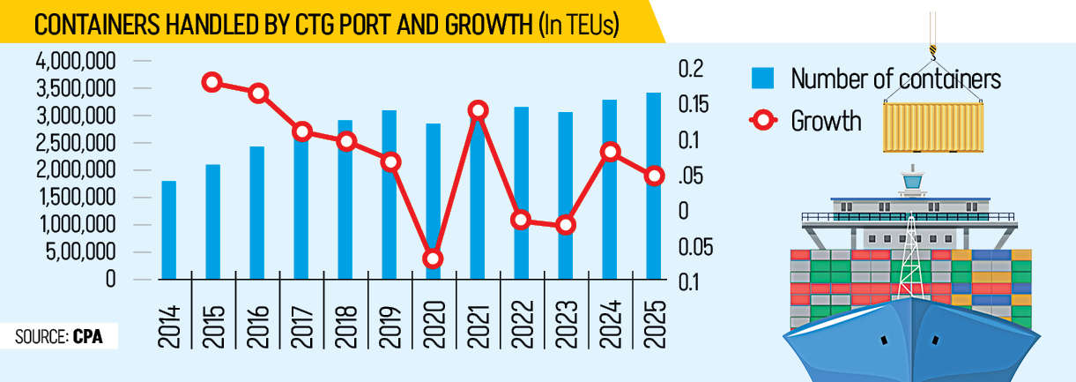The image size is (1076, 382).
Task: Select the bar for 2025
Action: click(653, 185)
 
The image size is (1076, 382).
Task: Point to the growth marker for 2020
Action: click(433, 258)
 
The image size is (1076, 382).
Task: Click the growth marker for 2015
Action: click(211, 82)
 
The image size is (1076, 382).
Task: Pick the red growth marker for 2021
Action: click(478, 110)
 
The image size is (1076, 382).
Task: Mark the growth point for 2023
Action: click(566, 225)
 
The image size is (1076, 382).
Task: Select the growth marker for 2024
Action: click(610, 152)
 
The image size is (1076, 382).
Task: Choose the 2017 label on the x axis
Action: click(301, 326)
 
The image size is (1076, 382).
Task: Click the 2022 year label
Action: click(522, 326)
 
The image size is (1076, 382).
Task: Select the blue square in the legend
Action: click(762, 79)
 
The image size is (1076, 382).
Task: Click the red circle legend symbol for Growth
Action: click(762, 120)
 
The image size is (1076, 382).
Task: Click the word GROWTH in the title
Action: click(479, 25)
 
